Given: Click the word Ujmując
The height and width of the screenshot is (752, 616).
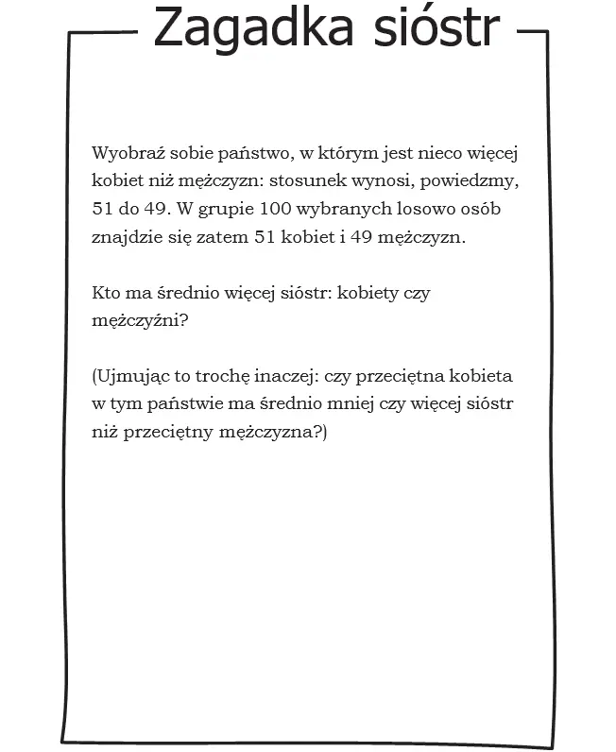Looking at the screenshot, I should point(129,377).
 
